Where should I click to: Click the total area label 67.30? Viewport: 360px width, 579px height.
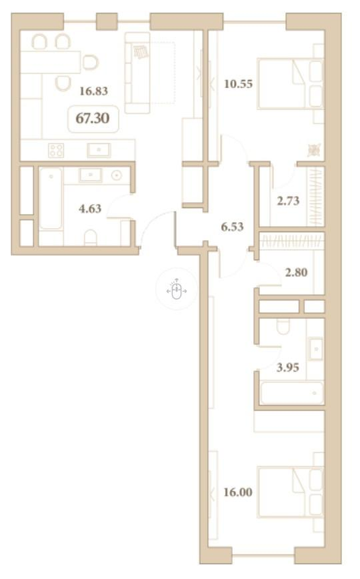point(93,118)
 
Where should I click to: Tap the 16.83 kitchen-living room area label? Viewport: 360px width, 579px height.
point(94,91)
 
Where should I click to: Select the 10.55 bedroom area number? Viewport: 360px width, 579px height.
point(239,84)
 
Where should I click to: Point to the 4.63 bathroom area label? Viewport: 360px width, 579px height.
point(90,209)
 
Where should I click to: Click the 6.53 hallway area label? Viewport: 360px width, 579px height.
point(232,226)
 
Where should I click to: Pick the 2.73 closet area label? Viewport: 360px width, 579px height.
point(288,201)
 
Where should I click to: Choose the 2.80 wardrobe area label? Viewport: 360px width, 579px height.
point(296,272)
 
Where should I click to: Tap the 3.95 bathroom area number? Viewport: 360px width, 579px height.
point(288,368)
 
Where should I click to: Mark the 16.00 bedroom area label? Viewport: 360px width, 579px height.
point(238,492)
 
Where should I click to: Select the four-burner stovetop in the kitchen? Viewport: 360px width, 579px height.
point(56,151)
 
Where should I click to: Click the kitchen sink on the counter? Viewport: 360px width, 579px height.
point(99,149)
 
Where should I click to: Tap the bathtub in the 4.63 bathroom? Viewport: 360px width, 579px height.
point(51,199)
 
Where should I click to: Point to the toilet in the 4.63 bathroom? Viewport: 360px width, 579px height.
point(91,237)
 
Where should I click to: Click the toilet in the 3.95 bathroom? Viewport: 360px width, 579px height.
point(283,326)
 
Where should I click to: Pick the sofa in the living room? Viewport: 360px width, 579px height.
point(137,73)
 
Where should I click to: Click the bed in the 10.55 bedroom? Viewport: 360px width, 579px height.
point(290,83)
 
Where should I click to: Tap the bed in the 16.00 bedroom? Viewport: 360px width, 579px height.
point(290,492)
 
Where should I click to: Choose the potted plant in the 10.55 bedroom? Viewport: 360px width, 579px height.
point(314,149)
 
